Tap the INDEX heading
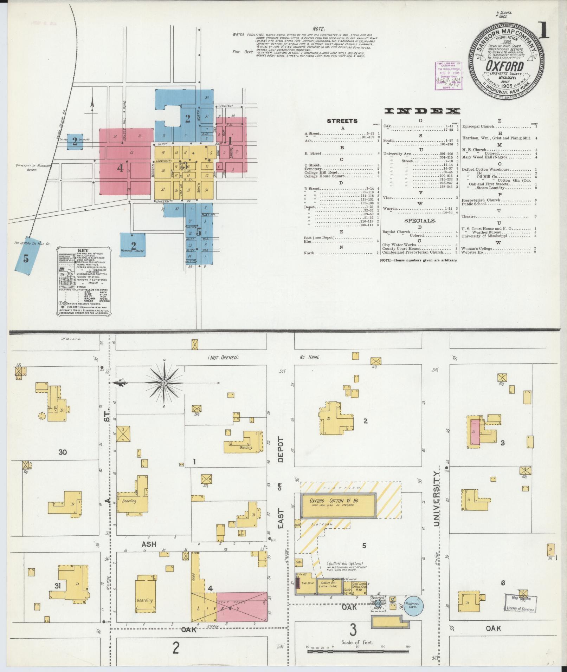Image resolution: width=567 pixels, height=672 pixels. (422, 111)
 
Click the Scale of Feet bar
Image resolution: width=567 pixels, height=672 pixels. (357, 651)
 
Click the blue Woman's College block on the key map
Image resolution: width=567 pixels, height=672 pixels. (133, 245)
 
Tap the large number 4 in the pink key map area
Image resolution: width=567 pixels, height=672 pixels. (120, 168)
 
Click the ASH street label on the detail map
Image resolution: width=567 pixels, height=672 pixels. (148, 554)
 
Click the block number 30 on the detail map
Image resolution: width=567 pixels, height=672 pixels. (63, 452)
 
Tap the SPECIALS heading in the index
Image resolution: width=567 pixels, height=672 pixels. (420, 221)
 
